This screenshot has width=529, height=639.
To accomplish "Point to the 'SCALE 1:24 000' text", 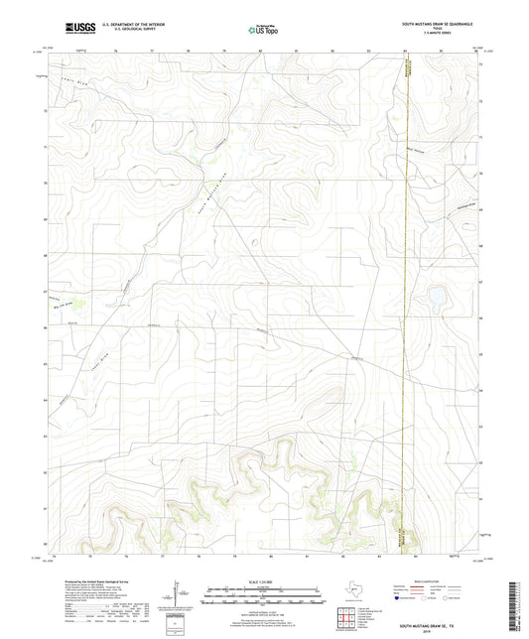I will [263, 580].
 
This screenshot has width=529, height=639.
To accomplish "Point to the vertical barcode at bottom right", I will [519, 605].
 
